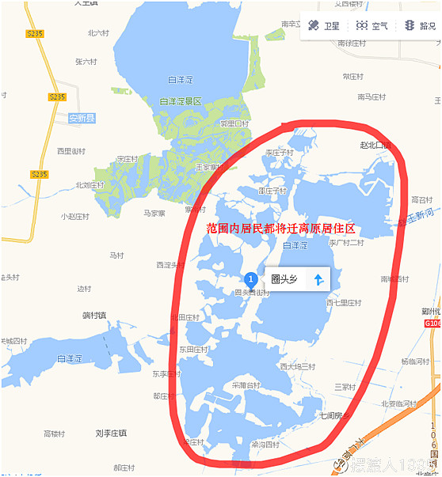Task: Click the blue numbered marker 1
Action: click(x=251, y=278)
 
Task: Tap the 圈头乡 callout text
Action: click(x=284, y=279)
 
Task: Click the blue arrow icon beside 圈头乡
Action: click(x=318, y=279)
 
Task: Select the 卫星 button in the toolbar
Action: click(x=324, y=26)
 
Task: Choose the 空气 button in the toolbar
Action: click(x=372, y=26)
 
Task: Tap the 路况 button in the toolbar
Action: click(x=419, y=26)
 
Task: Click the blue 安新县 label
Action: click(x=81, y=118)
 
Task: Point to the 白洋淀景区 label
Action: click(x=181, y=101)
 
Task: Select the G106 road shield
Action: click(x=432, y=323)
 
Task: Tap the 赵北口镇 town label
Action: click(x=375, y=146)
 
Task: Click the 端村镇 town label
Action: click(x=94, y=315)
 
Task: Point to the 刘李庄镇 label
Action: click(x=111, y=433)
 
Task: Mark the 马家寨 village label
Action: click(x=154, y=213)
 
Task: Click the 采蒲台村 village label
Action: click(x=246, y=385)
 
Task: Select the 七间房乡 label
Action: click(x=334, y=415)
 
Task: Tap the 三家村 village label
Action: click(x=346, y=387)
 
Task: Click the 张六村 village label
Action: click(x=86, y=61)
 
